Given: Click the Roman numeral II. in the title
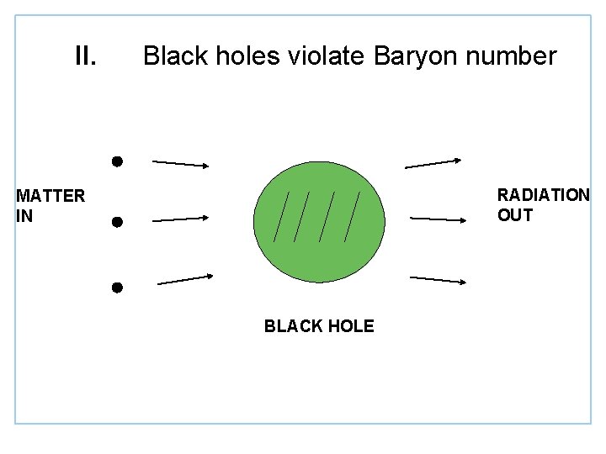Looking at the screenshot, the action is point(86,56).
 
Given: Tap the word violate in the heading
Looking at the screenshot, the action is point(323,56).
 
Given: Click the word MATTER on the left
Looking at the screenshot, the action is point(50,196).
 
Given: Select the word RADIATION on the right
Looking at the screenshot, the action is point(543,195).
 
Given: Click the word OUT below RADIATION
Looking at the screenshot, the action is point(515,215).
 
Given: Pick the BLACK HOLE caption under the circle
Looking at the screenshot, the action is point(319,326).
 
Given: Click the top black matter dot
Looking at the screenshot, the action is point(118,160).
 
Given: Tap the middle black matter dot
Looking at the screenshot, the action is point(117,222).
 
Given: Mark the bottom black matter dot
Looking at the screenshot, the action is point(117,288).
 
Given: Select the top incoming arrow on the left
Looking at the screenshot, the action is point(178,163).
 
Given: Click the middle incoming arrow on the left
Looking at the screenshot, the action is point(179,219).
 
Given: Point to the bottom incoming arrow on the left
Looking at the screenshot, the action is point(185,279).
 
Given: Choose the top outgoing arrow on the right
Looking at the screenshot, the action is point(433,163).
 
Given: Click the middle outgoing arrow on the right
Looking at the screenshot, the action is point(438,219).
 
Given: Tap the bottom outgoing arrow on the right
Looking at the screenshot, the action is point(438,279).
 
